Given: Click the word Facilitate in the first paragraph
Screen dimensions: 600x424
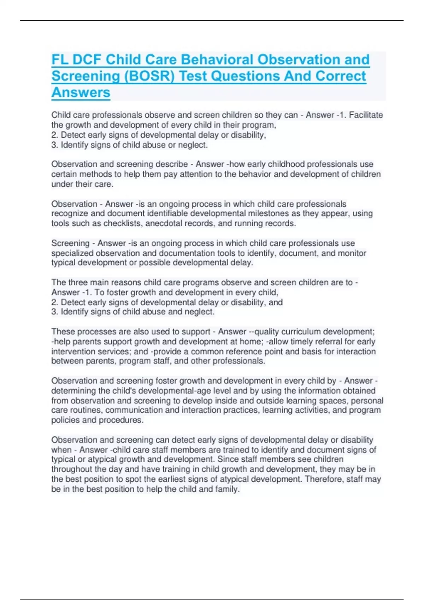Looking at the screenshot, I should [366, 115].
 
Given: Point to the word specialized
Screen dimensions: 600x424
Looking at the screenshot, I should [72, 253].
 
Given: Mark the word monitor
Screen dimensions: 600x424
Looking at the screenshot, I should [352, 253].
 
